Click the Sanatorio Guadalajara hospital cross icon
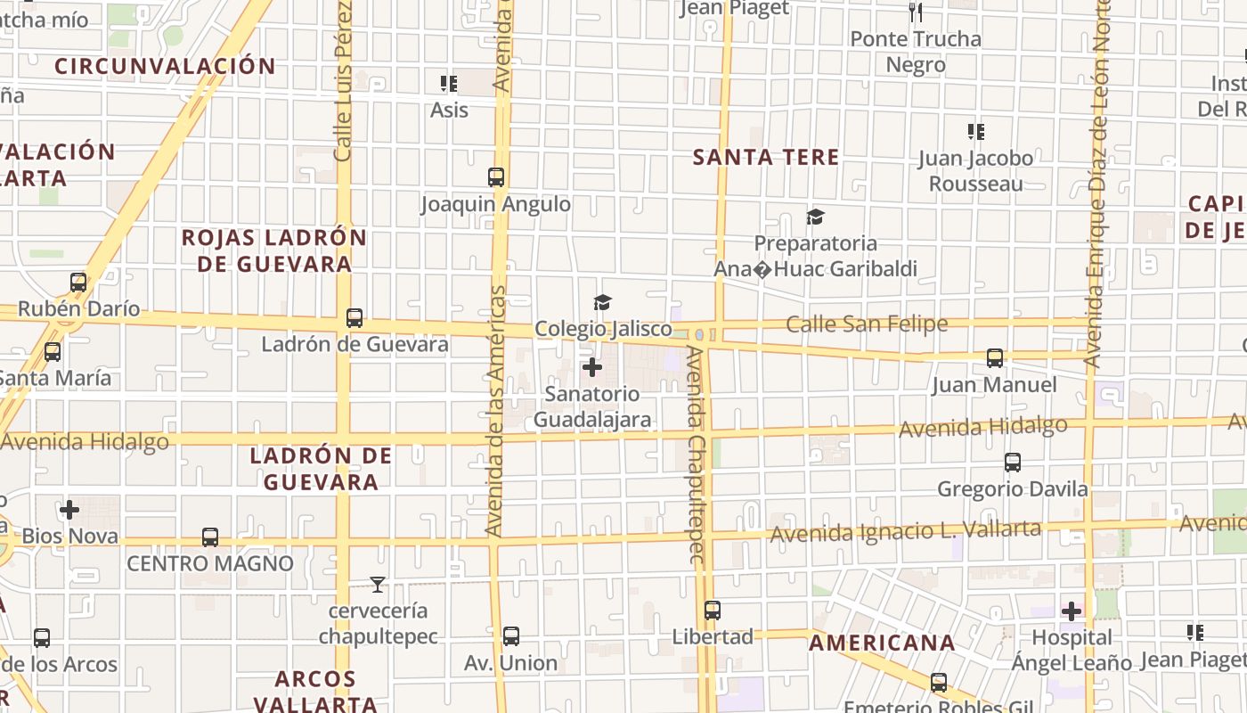point(591,366)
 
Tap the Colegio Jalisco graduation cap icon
point(603,302)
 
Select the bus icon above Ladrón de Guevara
point(355,318)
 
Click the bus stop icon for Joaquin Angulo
point(496,177)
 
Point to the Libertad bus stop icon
point(713,611)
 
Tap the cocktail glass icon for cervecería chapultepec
point(379,585)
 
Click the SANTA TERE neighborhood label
point(766,158)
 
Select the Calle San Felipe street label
point(867,324)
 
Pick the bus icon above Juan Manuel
point(995,358)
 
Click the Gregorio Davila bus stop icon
point(1013,463)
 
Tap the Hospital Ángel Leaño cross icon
point(1072,611)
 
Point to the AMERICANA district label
point(882,643)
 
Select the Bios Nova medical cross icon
point(69,510)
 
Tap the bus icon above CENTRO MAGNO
point(210,537)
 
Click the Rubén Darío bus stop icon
point(78,283)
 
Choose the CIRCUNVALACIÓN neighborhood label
point(165,66)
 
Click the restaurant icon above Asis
point(449,84)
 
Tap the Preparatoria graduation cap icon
point(815,217)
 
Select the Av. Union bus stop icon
point(511,636)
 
